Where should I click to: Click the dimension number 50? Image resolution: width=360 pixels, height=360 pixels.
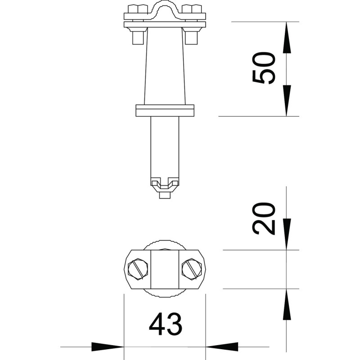coord(264,68)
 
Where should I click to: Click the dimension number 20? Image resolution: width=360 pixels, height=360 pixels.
coord(264,219)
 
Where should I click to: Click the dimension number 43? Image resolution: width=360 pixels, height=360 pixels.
coord(165,324)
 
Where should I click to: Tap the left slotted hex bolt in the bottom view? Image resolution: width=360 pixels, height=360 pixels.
coord(138,269)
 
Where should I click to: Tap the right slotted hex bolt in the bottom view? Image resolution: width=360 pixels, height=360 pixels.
coord(192,269)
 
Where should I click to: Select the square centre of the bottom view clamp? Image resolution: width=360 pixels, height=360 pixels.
coord(165,269)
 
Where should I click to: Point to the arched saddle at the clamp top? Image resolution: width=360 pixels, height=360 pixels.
coord(165,9)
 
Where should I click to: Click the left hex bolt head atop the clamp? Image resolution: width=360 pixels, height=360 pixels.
coord(138,9)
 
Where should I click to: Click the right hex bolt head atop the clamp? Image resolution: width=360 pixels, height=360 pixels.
coord(192,9)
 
